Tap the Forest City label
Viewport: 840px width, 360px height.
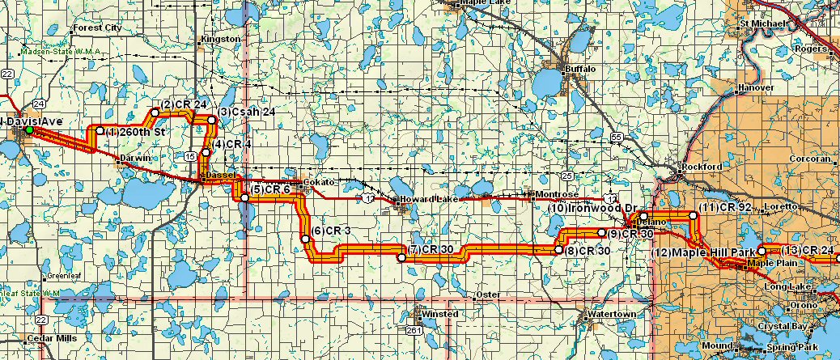coord(96,28)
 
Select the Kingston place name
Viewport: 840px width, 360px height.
coord(224,39)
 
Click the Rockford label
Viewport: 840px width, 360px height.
coord(702,167)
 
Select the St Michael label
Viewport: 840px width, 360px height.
coord(764,23)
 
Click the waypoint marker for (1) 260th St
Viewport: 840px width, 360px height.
coord(100,130)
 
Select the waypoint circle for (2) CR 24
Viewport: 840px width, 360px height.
coord(155,112)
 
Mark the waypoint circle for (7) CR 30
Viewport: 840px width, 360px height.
coord(401,257)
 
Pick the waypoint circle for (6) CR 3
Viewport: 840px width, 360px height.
coord(304,239)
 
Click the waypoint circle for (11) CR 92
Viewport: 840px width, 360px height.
coord(693,216)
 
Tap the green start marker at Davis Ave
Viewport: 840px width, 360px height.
coord(29,129)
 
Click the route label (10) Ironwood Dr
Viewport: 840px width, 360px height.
coord(589,208)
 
